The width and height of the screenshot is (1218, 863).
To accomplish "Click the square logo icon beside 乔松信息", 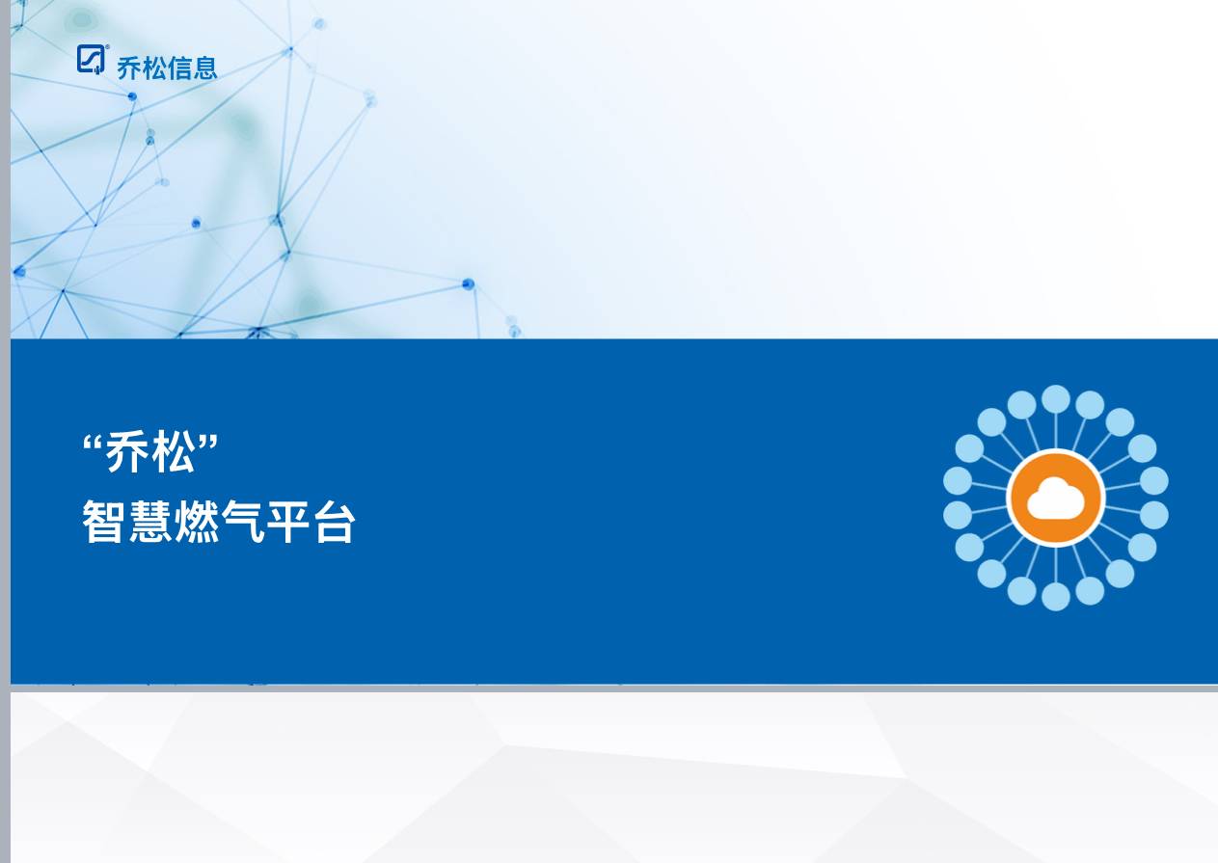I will pyautogui.click(x=90, y=60).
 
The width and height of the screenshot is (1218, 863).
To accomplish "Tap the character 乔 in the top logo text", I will pyautogui.click(x=129, y=67).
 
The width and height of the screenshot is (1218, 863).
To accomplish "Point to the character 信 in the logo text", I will pyautogui.click(x=179, y=67).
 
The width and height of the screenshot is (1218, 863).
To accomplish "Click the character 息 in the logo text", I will pyautogui.click(x=204, y=67).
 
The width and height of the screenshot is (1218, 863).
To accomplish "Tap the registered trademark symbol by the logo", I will pyautogui.click(x=106, y=48).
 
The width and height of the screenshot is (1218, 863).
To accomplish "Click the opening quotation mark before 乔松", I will pyautogui.click(x=94, y=445).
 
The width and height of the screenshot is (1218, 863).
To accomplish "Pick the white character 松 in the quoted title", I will pyautogui.click(x=174, y=452).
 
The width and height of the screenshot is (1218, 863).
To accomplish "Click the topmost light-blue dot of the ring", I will pyautogui.click(x=1056, y=399).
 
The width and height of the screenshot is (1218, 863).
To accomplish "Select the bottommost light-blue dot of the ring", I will pyautogui.click(x=1056, y=597).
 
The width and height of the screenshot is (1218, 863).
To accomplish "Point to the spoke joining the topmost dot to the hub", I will pyautogui.click(x=1056, y=431).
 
